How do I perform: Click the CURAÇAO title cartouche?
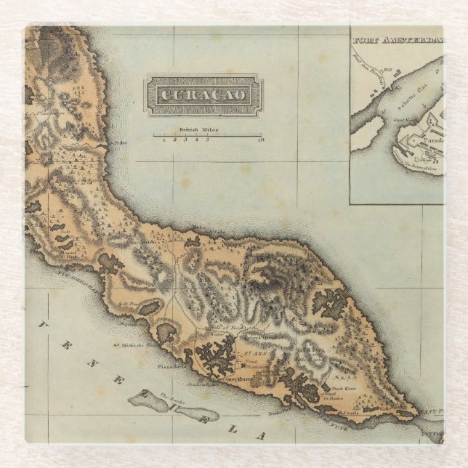point(204,95)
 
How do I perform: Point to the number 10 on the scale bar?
point(260,139)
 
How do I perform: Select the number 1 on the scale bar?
point(164,139)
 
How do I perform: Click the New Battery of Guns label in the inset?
point(421,167)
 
